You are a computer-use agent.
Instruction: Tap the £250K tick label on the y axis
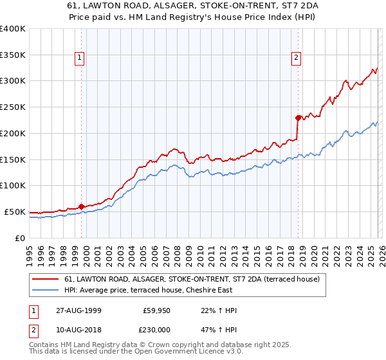pos(12,107)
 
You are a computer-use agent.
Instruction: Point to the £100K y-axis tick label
pos(12,185)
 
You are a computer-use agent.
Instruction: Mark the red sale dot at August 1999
pos(82,206)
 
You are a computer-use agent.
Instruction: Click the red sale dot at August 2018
pos(297,118)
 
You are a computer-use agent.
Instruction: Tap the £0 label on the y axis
pos(20,238)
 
